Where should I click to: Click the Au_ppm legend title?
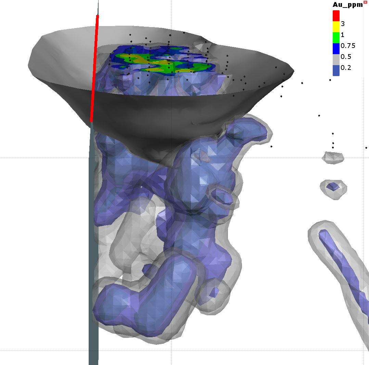[x=347, y=5]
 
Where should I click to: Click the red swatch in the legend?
[x=336, y=15]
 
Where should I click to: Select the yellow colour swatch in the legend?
[x=336, y=26]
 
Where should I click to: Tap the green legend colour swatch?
[x=336, y=37]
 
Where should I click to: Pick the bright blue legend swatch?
[x=336, y=48]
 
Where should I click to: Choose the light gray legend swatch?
[x=336, y=59]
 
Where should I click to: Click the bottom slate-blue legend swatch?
[x=336, y=70]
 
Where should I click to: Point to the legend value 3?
[x=343, y=24]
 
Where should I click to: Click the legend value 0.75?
[x=348, y=46]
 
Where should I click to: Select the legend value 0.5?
[x=346, y=57]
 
